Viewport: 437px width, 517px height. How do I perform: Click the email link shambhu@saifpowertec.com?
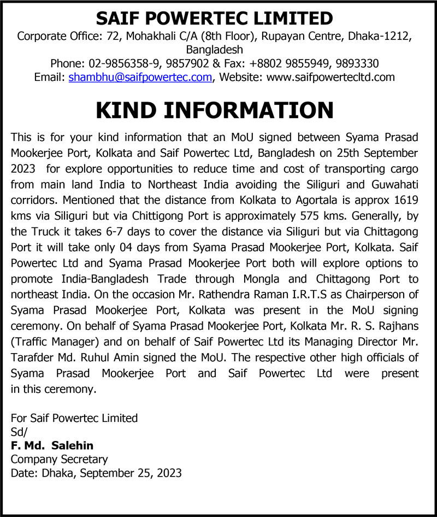click(140, 77)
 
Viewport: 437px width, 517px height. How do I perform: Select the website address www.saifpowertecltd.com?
click(330, 77)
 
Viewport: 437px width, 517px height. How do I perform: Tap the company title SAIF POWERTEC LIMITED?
click(215, 19)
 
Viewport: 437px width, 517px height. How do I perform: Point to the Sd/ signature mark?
click(19, 432)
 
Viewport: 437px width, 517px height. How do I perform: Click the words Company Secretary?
click(59, 459)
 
